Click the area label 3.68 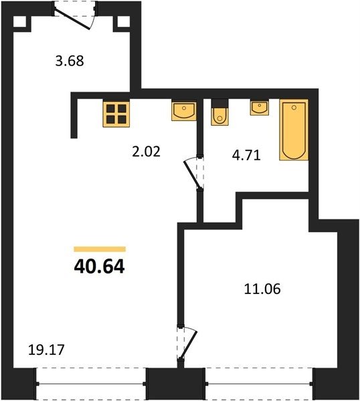point(70,61)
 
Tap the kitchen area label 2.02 point(146,151)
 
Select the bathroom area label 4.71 point(246,155)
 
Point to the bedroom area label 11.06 point(262,289)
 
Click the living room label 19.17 point(46,350)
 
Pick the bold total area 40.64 point(99,267)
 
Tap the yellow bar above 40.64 point(100,249)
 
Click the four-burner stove point(116,114)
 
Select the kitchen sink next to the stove point(184,111)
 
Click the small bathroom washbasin point(260,108)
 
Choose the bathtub point(294,130)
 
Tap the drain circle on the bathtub point(294,108)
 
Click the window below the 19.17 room point(91,384)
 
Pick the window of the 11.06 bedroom point(258,384)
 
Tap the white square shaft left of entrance point(19,21)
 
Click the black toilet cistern point(219,104)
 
